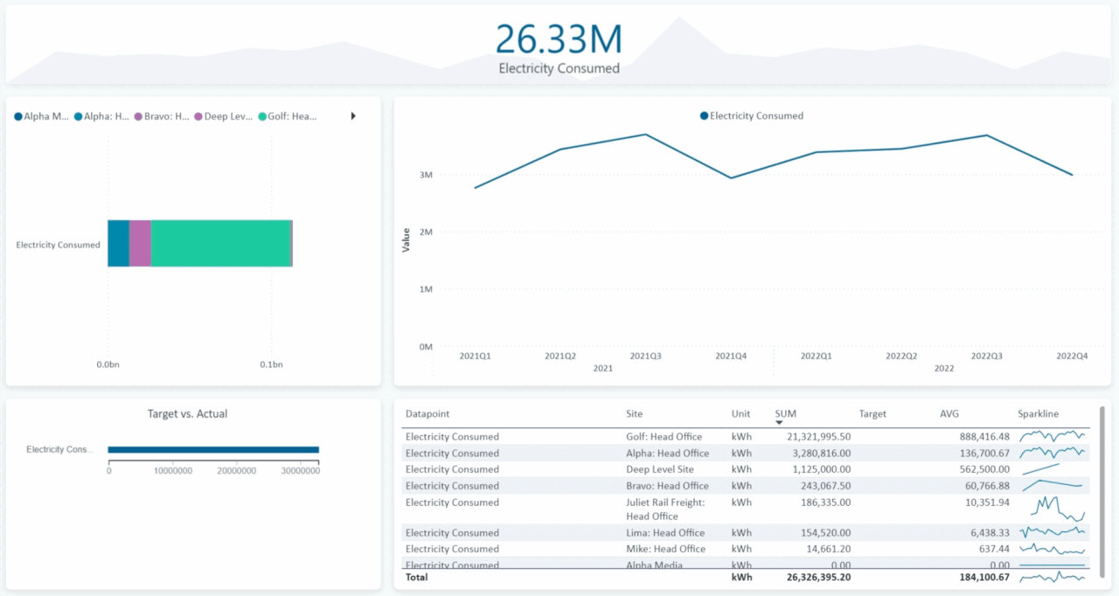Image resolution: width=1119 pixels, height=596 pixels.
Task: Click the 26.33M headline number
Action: (x=559, y=39)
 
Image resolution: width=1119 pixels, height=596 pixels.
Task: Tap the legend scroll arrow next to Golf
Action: (x=353, y=116)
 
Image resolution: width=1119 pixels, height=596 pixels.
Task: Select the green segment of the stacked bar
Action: (x=220, y=243)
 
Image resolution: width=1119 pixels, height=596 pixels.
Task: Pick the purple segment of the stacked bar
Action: (x=140, y=243)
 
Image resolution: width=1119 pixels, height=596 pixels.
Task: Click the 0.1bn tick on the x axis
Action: (x=270, y=364)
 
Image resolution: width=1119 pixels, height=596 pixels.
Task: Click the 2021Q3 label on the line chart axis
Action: (x=645, y=356)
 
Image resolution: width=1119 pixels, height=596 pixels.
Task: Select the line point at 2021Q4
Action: (x=731, y=178)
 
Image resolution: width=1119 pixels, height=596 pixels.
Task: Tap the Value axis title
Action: (x=406, y=240)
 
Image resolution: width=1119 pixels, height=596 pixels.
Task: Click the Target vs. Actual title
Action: (x=187, y=414)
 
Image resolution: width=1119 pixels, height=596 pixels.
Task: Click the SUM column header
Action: (x=785, y=413)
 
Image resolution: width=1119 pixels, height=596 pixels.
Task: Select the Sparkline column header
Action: (x=1038, y=413)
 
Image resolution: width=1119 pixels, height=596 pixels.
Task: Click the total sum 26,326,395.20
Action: (x=813, y=578)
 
